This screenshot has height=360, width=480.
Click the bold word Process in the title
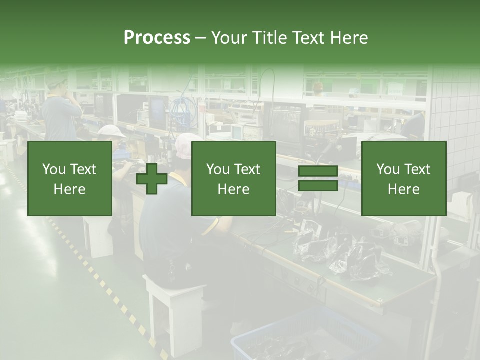coord(157,38)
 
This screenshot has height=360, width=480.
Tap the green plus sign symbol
coord(152,179)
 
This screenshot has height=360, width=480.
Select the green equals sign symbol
coord(318,179)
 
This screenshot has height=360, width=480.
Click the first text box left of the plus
coord(70,179)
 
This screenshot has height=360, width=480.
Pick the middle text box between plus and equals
coord(233,179)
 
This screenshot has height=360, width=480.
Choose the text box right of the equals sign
coord(403,179)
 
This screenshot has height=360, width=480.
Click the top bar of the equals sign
coord(318,171)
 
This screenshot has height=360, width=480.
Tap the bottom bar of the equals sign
coord(318,186)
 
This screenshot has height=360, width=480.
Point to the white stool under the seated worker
coord(175,310)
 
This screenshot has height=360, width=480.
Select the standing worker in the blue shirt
coord(61,112)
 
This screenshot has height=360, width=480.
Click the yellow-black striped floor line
coord(100,280)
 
